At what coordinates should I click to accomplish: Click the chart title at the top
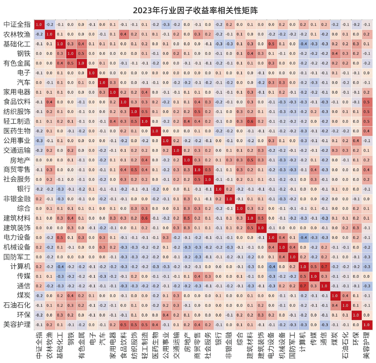(x=195, y=10)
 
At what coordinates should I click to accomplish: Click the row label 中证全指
(x=17, y=24)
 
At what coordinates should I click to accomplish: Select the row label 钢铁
(x=24, y=54)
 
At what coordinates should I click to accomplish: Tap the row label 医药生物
(x=17, y=131)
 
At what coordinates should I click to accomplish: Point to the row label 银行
(x=24, y=189)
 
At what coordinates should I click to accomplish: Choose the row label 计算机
(x=20, y=267)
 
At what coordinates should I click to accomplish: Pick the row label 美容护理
(x=17, y=325)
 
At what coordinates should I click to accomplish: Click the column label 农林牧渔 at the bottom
(x=49, y=345)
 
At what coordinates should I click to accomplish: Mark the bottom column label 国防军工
(x=293, y=345)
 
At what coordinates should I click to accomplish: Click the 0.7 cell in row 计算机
(x=324, y=267)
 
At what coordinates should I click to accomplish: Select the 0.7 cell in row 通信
(x=303, y=286)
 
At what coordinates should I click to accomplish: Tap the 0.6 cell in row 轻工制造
(x=250, y=121)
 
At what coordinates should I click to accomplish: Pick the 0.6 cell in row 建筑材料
(x=144, y=218)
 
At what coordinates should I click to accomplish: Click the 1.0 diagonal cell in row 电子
(x=92, y=73)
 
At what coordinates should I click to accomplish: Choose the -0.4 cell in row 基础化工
(x=303, y=44)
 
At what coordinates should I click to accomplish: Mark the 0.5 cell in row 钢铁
(x=81, y=54)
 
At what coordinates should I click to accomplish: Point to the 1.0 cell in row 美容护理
(x=366, y=325)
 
